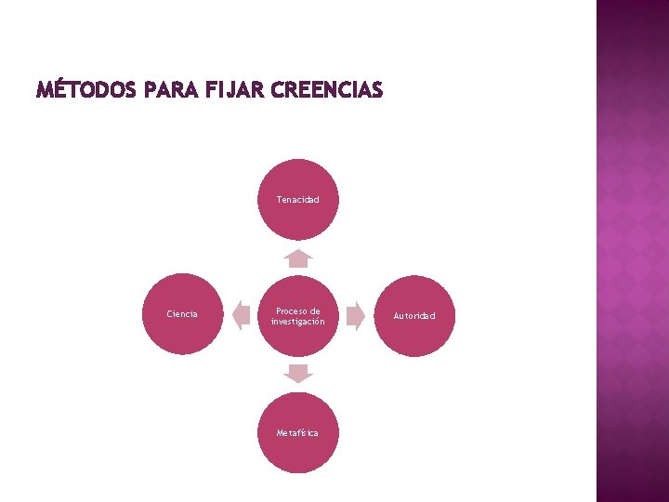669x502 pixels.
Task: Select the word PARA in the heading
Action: click(x=164, y=91)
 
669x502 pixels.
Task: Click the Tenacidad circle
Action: click(x=297, y=200)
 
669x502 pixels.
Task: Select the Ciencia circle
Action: click(x=182, y=314)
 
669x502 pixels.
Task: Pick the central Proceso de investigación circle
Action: click(x=297, y=316)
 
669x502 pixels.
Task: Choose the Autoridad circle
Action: click(x=413, y=316)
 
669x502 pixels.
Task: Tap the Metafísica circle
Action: click(x=297, y=433)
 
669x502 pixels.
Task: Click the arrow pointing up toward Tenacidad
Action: click(x=297, y=258)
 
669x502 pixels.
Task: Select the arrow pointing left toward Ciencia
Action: click(x=241, y=316)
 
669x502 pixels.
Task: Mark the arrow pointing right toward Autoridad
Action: click(x=355, y=316)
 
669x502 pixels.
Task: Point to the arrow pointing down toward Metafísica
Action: click(x=297, y=374)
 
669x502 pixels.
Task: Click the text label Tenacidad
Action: click(x=297, y=200)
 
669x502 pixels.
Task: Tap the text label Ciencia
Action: click(x=182, y=314)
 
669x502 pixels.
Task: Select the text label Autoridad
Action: click(x=413, y=316)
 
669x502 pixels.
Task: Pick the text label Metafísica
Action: click(x=297, y=433)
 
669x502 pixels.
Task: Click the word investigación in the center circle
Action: click(x=297, y=322)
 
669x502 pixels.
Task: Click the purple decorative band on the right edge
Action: click(x=632, y=251)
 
